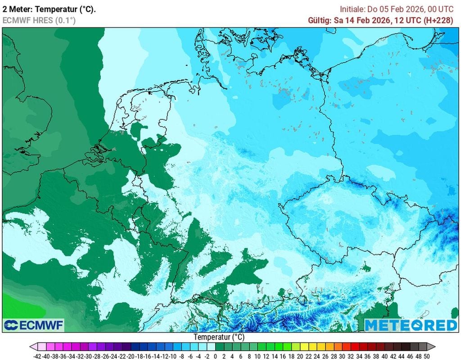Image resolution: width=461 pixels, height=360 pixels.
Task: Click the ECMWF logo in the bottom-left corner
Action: pos(34,325)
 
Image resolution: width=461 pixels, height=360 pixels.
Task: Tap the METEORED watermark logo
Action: pos(410,325)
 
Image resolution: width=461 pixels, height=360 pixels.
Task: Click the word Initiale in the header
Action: pos(354,9)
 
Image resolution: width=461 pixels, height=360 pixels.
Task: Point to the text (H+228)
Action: pos(437,20)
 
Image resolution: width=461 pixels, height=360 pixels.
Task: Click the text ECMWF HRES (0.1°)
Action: pos(39,20)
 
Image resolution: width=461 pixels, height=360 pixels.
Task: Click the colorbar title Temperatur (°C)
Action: pos(219,337)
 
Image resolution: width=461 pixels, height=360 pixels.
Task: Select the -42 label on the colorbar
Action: pos(38,355)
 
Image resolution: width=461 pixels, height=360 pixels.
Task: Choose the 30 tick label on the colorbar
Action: pos(342,355)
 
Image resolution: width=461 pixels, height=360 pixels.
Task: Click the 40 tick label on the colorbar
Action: pos(384,355)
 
